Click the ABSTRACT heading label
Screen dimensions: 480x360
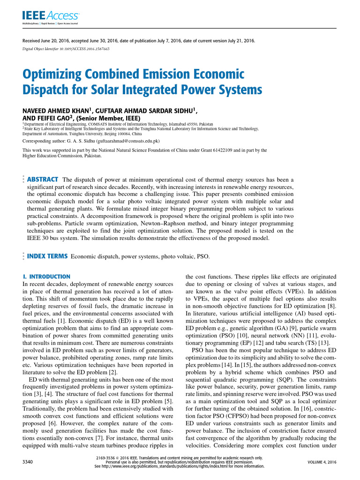click(x=42, y=180)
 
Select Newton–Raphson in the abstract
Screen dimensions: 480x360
click(x=166, y=223)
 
